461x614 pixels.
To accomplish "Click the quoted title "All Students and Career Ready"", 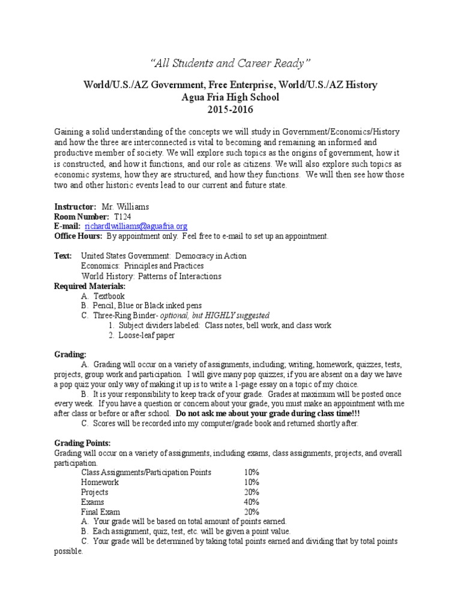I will tap(230, 63).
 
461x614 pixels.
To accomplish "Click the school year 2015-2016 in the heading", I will tap(230, 110).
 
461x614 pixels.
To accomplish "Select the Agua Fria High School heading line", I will tap(230, 97).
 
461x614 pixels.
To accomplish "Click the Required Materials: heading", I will tap(90, 287).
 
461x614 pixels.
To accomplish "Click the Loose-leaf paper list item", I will tap(146, 335).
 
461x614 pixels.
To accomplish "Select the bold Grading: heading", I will tap(70, 354).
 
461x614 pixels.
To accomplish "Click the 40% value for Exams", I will tap(252, 502).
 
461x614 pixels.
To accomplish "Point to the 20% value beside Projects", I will tap(252, 492).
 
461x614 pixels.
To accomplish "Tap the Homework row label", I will tap(100, 482).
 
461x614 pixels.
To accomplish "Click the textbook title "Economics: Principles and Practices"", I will tap(142, 266).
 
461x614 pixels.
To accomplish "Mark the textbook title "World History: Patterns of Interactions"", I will tap(151, 276).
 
